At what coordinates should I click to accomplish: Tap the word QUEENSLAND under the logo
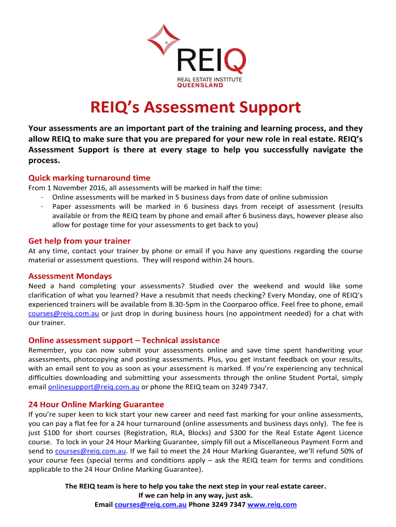click(201, 85)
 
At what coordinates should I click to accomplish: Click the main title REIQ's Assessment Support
click(195, 108)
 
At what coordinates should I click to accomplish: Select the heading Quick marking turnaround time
click(89, 178)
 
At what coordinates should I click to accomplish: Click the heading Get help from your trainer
click(79, 241)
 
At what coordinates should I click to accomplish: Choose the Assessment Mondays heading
click(70, 276)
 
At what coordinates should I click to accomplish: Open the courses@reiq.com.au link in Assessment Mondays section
click(64, 313)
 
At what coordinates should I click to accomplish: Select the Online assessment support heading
click(123, 340)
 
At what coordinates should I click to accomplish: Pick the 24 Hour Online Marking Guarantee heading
click(96, 405)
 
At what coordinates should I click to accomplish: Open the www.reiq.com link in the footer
click(272, 505)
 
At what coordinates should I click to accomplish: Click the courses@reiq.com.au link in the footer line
click(151, 505)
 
